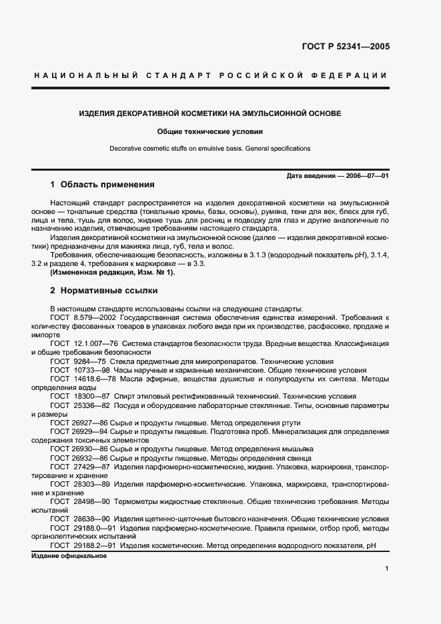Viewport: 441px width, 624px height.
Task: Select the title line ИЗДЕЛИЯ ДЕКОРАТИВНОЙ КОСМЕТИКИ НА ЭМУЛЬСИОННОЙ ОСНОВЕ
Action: [210, 114]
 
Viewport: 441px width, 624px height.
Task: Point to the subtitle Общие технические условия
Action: [210, 132]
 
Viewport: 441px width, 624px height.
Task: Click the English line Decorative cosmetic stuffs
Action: [210, 148]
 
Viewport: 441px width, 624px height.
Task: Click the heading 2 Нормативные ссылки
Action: [103, 291]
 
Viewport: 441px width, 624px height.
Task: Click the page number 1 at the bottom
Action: [386, 569]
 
